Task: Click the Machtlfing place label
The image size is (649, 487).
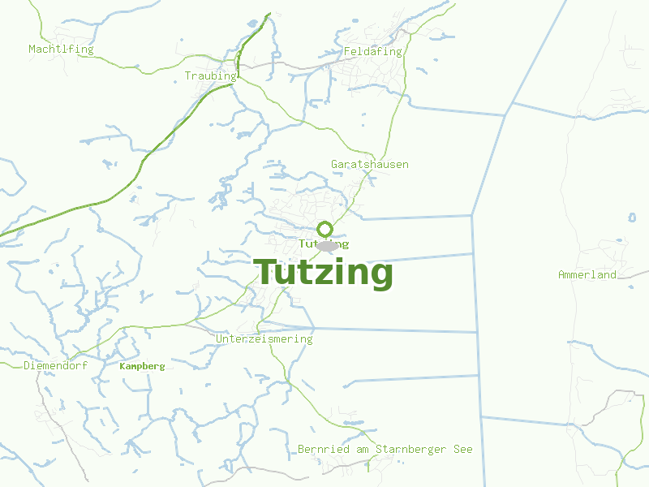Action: (61, 50)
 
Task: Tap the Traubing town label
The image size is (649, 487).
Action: (210, 76)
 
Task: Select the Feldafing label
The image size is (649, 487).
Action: (372, 52)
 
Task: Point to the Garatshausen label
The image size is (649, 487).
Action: (369, 165)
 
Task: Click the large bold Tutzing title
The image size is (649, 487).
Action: (324, 273)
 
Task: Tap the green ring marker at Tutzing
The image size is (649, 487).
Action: (324, 229)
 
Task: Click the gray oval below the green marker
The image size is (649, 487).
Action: (326, 246)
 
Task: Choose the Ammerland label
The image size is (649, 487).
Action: (587, 275)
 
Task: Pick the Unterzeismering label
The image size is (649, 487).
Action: (264, 339)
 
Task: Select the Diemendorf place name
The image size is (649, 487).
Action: (55, 366)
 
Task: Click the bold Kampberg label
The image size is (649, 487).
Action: (142, 367)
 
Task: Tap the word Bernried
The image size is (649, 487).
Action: (324, 450)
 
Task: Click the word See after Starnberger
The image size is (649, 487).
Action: (462, 450)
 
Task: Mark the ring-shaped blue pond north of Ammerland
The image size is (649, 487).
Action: (633, 218)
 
